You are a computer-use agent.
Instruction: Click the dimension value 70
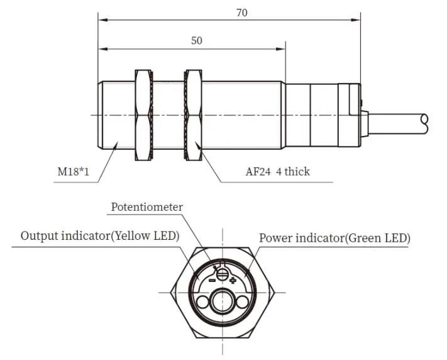coord(242,13)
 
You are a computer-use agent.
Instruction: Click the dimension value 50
coord(197,40)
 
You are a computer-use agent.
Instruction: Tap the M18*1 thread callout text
coord(74,172)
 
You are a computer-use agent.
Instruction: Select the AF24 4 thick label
coord(277,171)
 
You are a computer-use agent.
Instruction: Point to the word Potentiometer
coord(147,207)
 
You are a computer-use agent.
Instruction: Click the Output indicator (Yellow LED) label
coord(100,236)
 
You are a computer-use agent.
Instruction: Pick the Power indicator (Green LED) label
coord(334,238)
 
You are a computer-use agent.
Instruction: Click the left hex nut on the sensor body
coord(144,115)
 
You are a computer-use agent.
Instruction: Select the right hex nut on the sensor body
coord(193,115)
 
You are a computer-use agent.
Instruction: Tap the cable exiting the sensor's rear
coord(398,123)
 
